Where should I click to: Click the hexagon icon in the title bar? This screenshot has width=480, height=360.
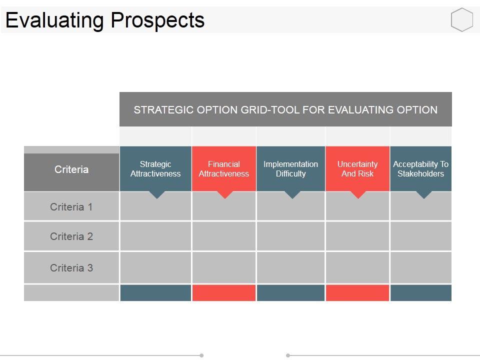pos(462,20)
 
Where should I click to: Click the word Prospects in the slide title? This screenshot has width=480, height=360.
pos(157,20)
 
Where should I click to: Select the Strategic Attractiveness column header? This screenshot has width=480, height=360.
pos(155,169)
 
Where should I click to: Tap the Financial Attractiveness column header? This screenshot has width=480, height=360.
pos(224,169)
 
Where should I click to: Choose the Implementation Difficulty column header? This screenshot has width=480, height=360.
pos(290,169)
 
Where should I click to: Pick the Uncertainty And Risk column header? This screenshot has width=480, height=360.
pos(357,169)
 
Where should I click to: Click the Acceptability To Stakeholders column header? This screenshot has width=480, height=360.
pos(420,169)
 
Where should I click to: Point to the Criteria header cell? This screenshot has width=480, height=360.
pos(71,170)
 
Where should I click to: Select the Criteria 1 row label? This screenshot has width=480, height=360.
pos(71,207)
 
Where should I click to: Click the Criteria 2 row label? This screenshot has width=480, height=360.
pos(71,236)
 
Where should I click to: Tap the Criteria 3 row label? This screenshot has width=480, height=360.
pos(71,268)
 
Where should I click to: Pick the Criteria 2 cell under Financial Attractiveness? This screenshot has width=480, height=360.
pos(224,236)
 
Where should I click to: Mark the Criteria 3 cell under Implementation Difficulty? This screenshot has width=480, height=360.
pos(290,268)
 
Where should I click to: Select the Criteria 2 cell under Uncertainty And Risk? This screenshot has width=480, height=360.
pos(357,236)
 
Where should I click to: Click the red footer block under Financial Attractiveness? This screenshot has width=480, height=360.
pos(224,293)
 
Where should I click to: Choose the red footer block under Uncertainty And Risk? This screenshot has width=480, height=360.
pos(357,293)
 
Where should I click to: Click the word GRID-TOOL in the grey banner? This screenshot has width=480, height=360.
pos(270,110)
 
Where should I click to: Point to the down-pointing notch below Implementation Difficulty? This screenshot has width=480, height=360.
pos(291,194)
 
